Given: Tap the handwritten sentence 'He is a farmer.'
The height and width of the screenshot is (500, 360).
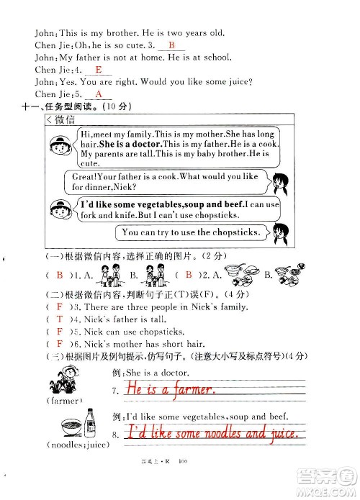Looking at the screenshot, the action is pyautogui.click(x=169, y=389).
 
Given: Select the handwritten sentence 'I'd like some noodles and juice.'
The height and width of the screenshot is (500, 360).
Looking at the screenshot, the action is pyautogui.click(x=210, y=432).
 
